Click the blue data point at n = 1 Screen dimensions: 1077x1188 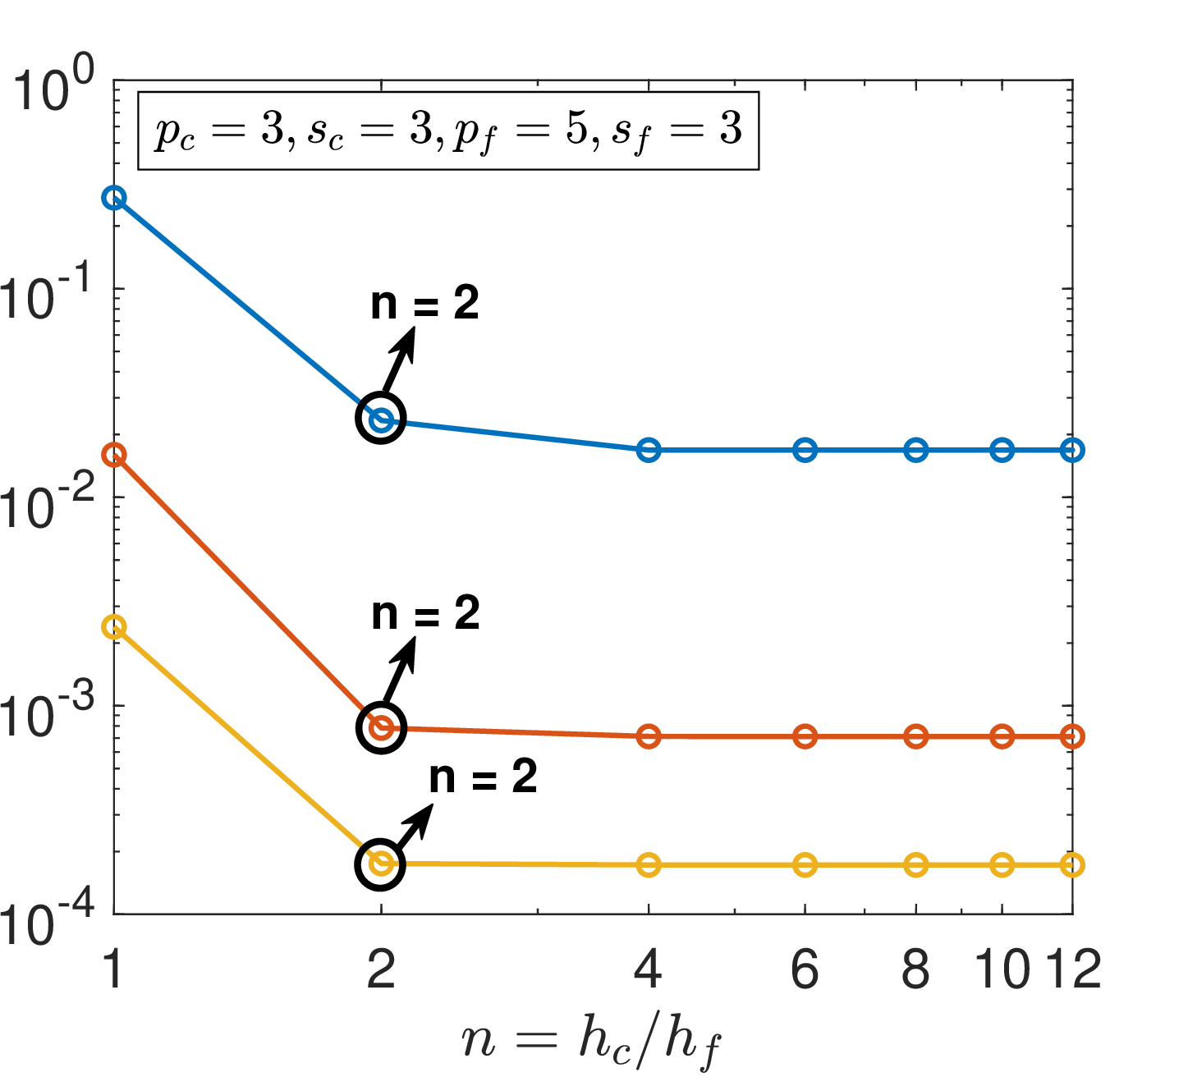click(x=114, y=198)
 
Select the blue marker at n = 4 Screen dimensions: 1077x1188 click(x=649, y=450)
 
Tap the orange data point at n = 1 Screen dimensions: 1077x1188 click(x=114, y=455)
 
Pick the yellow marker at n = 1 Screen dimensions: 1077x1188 click(x=114, y=627)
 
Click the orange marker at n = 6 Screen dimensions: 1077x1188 click(x=805, y=736)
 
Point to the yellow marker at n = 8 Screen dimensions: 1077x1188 click(x=916, y=865)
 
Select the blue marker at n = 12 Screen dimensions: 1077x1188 click(x=1071, y=450)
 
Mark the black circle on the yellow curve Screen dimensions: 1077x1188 click(x=381, y=864)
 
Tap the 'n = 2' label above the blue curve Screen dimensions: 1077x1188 click(x=424, y=305)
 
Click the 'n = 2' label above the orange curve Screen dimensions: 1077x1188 click(x=424, y=614)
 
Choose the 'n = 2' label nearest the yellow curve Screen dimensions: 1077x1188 click(x=483, y=777)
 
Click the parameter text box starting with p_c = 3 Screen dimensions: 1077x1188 click(x=448, y=131)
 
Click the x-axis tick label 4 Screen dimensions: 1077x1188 click(x=649, y=969)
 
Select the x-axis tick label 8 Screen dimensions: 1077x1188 click(x=916, y=969)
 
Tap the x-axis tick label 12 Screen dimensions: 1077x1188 click(x=1072, y=969)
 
